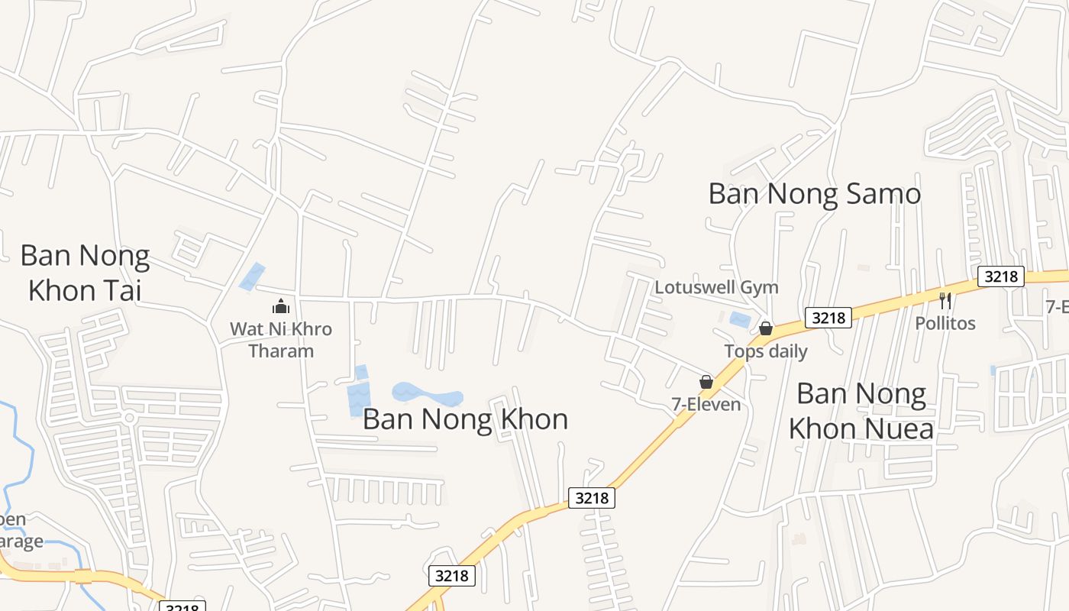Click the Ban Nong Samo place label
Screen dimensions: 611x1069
pos(814,194)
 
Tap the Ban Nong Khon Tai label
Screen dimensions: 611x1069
pos(85,273)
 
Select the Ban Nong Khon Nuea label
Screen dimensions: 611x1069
pos(861,411)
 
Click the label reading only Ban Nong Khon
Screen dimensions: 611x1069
pos(465,419)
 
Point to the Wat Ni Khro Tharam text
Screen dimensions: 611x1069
pos(281,340)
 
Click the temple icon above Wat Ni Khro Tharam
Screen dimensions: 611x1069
pos(281,306)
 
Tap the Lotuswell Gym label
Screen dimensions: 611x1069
pos(716,287)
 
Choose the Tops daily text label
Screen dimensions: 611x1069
pos(765,351)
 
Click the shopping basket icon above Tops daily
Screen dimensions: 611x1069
pos(765,328)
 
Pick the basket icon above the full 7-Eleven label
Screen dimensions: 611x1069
pos(706,381)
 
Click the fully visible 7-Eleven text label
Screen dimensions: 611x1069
pos(706,404)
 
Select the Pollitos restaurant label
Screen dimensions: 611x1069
pos(945,323)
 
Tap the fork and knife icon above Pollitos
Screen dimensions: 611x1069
pos(945,300)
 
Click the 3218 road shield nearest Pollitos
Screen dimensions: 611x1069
pos(1000,276)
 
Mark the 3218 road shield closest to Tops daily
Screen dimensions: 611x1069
pos(828,317)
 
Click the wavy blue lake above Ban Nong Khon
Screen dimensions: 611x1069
pos(428,396)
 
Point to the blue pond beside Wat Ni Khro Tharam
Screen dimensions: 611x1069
pos(252,276)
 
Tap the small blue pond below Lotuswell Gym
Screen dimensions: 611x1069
pos(740,320)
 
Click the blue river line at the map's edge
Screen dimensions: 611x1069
pos(23,451)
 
